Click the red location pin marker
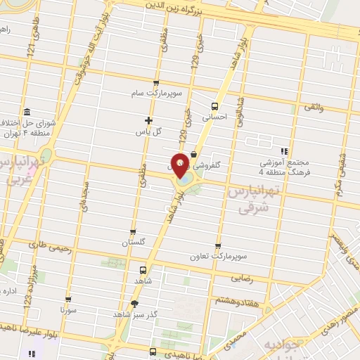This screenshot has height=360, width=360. (181, 165)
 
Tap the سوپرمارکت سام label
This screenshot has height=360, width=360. (159, 93)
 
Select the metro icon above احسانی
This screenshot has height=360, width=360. (214, 107)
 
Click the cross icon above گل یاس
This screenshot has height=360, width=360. (148, 120)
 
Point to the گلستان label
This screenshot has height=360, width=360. (134, 243)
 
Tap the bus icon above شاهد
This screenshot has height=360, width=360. (143, 269)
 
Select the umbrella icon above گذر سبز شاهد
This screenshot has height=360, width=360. (134, 304)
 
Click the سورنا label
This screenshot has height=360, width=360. (68, 309)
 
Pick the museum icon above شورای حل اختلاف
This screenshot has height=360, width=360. (27, 112)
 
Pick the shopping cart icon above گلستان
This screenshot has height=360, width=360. (134, 231)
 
